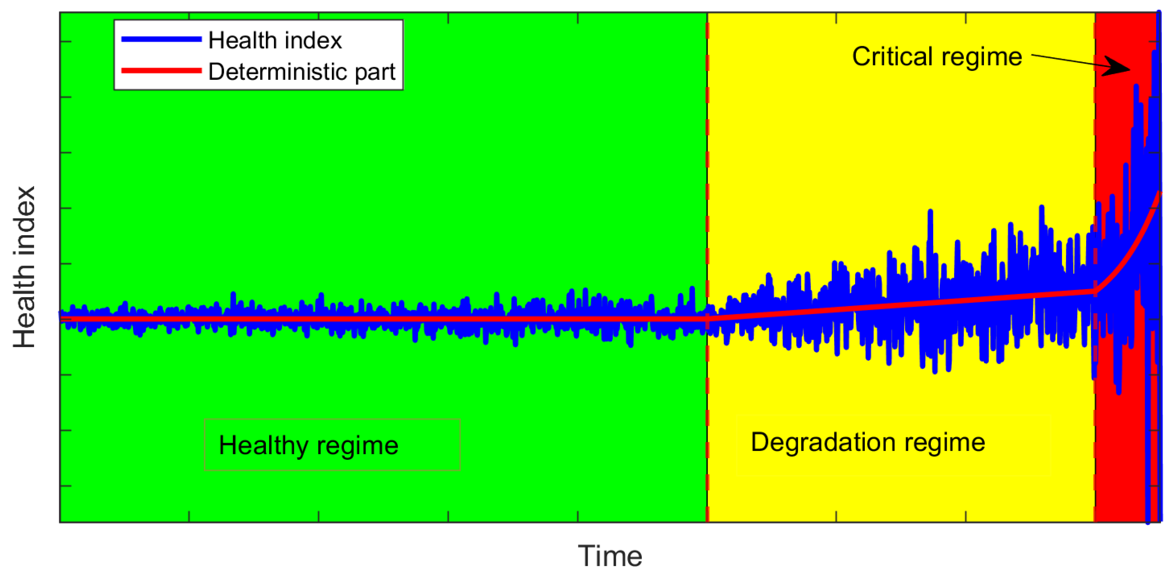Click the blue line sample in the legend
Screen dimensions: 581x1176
(161, 39)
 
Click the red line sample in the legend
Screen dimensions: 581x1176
(161, 70)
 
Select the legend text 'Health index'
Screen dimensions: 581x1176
(275, 40)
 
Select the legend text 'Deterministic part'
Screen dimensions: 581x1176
(301, 72)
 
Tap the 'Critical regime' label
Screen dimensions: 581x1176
(937, 57)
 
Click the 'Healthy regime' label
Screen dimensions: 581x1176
(309, 445)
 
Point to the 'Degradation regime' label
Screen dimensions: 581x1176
(867, 442)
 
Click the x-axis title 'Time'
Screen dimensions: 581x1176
(609, 556)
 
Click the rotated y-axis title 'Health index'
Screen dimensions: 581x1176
(24, 267)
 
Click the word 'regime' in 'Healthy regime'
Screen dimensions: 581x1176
(357, 446)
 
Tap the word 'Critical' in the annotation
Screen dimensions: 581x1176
(892, 57)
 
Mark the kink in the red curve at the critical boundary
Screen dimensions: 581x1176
(1095, 291)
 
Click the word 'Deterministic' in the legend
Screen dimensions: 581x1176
(276, 72)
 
